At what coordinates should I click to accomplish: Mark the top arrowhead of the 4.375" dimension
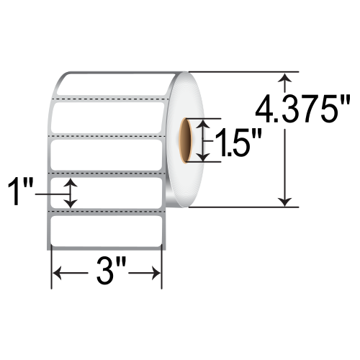pos(288,78)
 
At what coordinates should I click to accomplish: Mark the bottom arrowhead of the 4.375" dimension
pos(288,202)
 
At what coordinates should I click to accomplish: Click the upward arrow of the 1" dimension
pos(71,185)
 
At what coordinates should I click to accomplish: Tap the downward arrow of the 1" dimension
pos(71,204)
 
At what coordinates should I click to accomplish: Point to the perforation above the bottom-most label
pos(105,212)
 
